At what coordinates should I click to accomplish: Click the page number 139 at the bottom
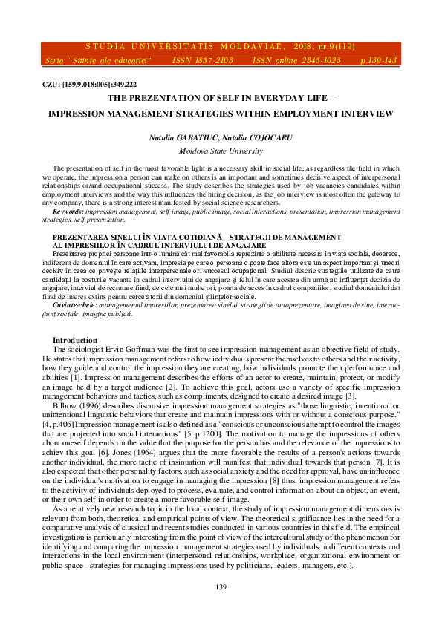[x=221, y=587]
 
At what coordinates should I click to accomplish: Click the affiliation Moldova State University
[x=221, y=149]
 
